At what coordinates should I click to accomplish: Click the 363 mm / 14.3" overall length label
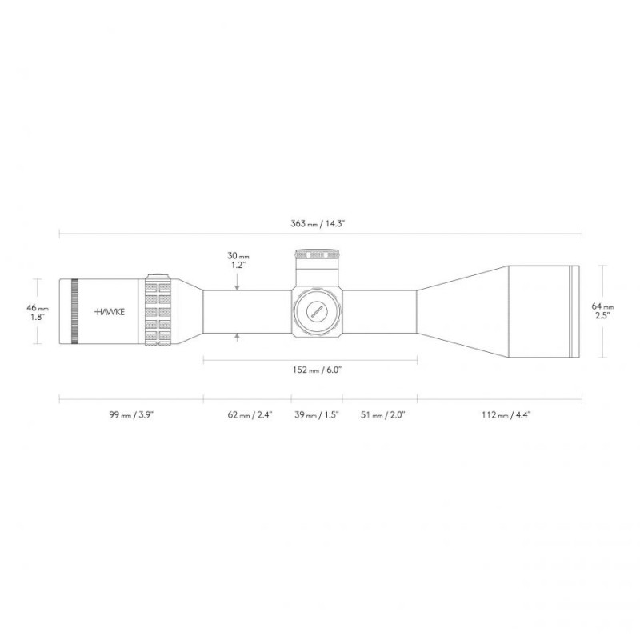coord(318,224)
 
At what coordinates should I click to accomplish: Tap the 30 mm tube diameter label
coord(238,261)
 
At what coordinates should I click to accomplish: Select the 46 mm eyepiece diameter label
coord(37,312)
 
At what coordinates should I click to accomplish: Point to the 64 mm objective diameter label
coord(602,310)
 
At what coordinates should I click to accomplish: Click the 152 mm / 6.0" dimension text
coord(317,370)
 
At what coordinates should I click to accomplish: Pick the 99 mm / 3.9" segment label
coord(131,415)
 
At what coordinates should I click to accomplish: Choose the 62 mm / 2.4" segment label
coord(250,415)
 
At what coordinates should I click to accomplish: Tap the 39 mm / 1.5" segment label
coord(317,415)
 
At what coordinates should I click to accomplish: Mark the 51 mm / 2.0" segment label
coord(382,415)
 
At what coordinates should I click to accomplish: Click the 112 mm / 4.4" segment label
coord(506,415)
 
